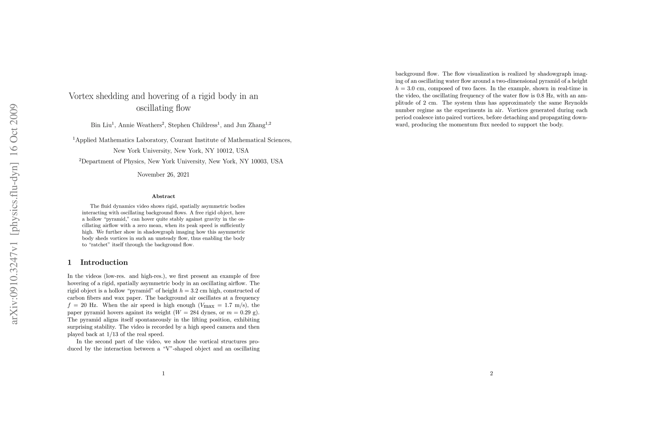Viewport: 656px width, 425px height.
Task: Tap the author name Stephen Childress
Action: pyautogui.click(x=192, y=125)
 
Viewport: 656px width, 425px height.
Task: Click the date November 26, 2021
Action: pyautogui.click(x=163, y=175)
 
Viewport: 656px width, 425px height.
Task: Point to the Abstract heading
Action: pyautogui.click(x=163, y=196)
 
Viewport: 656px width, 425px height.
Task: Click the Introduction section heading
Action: pyautogui.click(x=104, y=262)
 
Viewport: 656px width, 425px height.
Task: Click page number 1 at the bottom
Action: pyautogui.click(x=163, y=373)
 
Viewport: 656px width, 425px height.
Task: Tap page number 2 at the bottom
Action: pyautogui.click(x=491, y=373)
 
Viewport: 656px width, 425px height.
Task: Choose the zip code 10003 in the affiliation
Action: pyautogui.click(x=258, y=161)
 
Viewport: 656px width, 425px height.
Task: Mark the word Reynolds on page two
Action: pyautogui.click(x=575, y=103)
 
